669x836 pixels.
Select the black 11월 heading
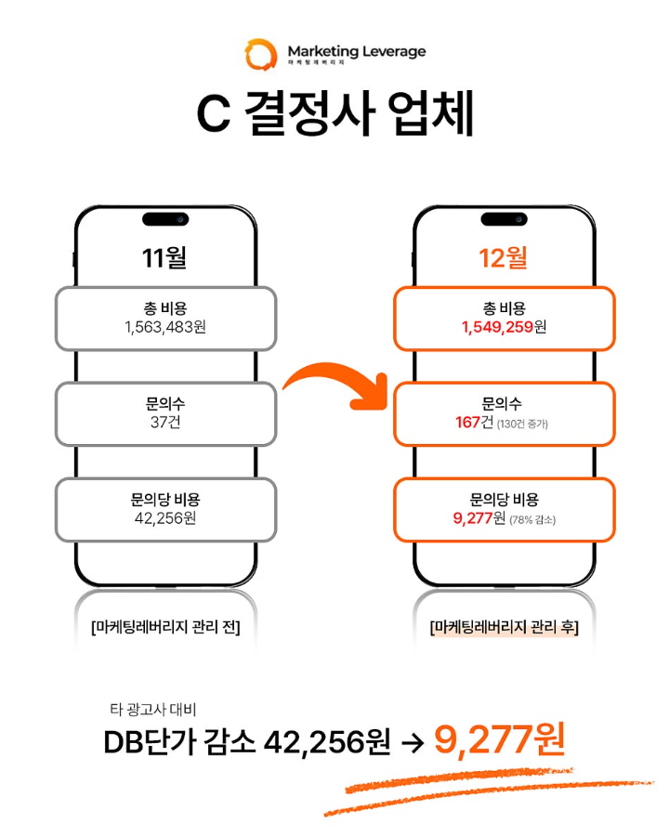click(x=165, y=257)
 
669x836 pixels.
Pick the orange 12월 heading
click(x=505, y=257)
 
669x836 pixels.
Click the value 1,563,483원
click(x=165, y=327)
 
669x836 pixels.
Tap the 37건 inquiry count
click(x=165, y=423)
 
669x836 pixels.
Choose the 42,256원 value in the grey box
click(x=165, y=518)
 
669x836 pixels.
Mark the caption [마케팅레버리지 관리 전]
click(x=165, y=628)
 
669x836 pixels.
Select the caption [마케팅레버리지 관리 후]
click(x=505, y=628)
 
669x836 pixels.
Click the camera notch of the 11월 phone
click(x=165, y=218)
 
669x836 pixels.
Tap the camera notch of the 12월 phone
click(x=505, y=218)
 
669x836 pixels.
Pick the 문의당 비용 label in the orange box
click(x=505, y=500)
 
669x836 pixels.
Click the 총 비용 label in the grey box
click(x=165, y=308)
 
